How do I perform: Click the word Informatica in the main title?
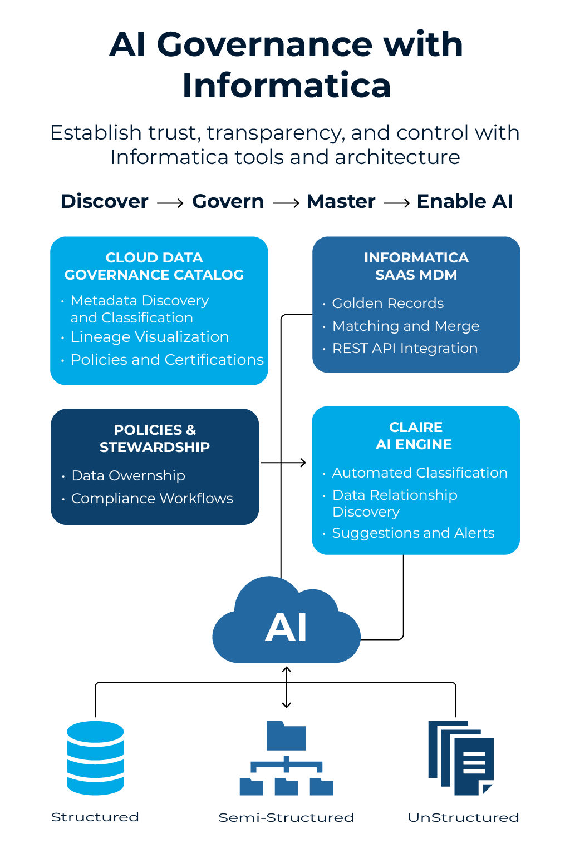[286, 86]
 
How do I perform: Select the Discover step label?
[105, 201]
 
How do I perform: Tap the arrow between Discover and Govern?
[170, 203]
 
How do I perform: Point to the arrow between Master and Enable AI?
[396, 203]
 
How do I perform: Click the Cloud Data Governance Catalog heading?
[154, 266]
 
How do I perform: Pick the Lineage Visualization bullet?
[150, 337]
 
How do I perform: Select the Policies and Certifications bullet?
[167, 360]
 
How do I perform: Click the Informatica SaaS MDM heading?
[416, 266]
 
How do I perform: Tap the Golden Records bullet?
[388, 303]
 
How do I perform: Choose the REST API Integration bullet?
[405, 348]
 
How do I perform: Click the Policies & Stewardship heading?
[155, 438]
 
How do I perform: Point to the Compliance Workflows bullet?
[152, 498]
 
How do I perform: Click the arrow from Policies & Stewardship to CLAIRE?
[284, 463]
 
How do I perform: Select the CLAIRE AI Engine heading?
[415, 436]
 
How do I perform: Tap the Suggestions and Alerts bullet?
[413, 533]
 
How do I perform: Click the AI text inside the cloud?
[286, 628]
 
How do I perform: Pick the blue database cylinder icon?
[95, 758]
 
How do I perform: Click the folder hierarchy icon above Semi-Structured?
[286, 758]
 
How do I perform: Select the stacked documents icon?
[461, 758]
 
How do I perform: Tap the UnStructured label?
[463, 817]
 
